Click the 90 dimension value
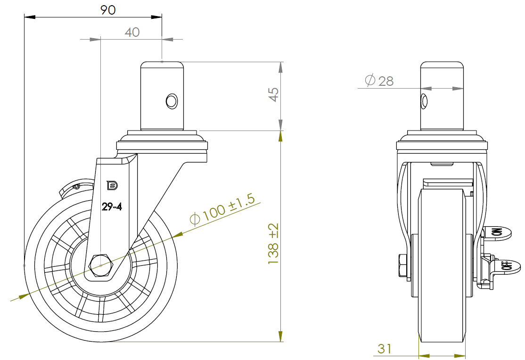coord(108,10)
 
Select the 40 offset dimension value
coord(132,32)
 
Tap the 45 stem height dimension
coord(273,94)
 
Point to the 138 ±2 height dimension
coord(273,244)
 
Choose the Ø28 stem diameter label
coord(379,81)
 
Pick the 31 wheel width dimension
coord(385,349)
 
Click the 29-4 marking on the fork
coord(112,207)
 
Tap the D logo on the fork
coord(112,185)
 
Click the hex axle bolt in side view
coord(100,266)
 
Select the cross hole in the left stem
coord(172,101)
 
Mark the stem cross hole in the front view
coord(424,101)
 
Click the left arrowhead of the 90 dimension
coord(30,17)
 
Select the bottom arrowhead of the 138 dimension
coord(280,336)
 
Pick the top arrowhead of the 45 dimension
coord(280,67)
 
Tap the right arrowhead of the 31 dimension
coord(459,356)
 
